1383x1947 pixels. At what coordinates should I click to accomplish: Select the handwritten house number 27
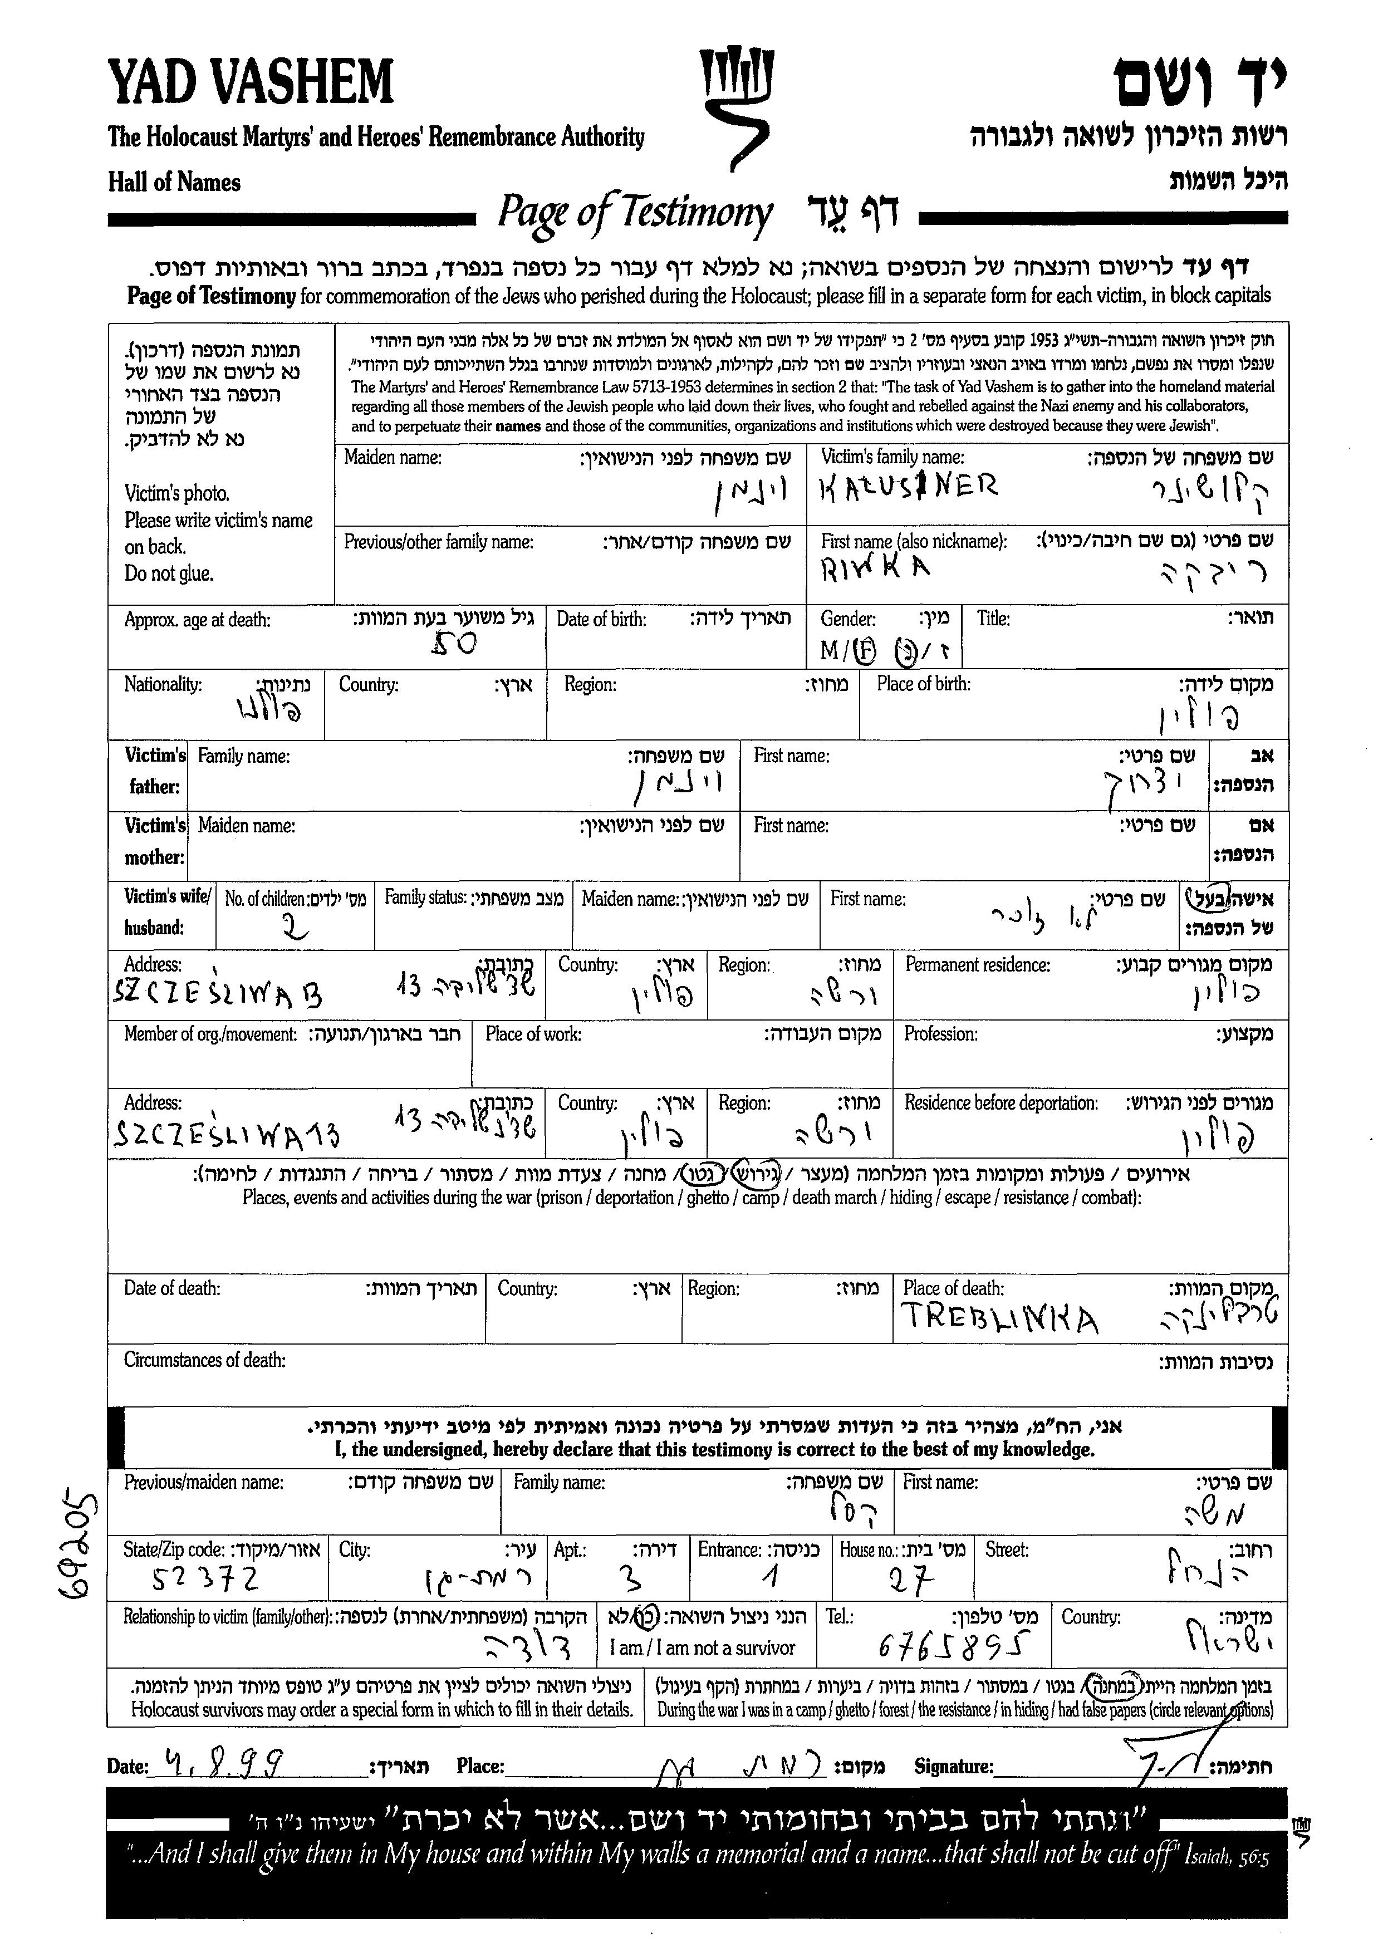click(911, 1582)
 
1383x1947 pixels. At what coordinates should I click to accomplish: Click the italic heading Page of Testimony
click(635, 213)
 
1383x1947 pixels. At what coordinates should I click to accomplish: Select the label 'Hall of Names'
click(175, 182)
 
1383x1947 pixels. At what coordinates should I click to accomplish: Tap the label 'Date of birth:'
click(601, 619)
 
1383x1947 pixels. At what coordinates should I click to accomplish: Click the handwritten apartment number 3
click(634, 1581)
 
